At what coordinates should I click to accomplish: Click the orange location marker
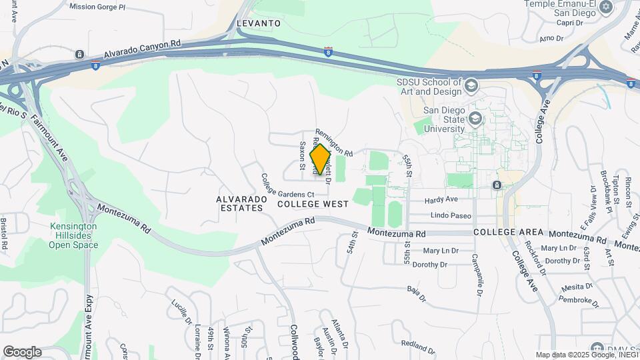click(321, 159)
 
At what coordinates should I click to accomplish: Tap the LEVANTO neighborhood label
click(257, 23)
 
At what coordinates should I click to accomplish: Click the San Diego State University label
click(444, 119)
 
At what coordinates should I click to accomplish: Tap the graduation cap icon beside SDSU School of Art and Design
click(472, 85)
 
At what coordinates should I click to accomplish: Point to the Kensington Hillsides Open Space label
click(73, 235)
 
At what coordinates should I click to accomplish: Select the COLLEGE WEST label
click(313, 204)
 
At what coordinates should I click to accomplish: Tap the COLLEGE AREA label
click(505, 232)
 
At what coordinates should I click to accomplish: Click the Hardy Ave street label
click(443, 199)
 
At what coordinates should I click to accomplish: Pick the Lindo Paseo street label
click(451, 215)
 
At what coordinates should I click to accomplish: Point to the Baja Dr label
click(415, 293)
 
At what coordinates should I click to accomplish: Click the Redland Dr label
click(419, 347)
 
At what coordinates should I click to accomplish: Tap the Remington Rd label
click(333, 143)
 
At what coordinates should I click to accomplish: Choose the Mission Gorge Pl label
click(97, 7)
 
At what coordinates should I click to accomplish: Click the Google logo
click(22, 352)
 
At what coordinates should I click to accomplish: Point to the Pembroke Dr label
click(575, 300)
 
